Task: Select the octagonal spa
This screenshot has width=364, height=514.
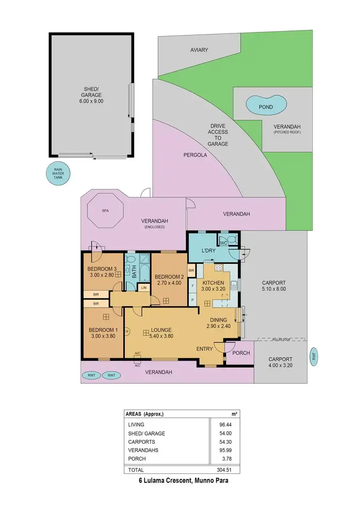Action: [105, 211]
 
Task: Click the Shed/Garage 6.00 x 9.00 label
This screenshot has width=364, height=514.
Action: [92, 95]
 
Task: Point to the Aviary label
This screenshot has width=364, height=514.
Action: [199, 50]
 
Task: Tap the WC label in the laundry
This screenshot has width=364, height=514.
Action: [224, 243]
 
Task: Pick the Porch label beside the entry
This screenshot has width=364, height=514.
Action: [241, 353]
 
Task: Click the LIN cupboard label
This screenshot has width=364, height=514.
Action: [144, 288]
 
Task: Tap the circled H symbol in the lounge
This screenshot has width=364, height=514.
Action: [127, 331]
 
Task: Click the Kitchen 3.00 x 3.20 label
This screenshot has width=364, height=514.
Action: [213, 286]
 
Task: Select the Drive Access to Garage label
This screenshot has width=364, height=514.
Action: [218, 135]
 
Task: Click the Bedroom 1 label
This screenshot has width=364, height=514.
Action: [102, 333]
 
